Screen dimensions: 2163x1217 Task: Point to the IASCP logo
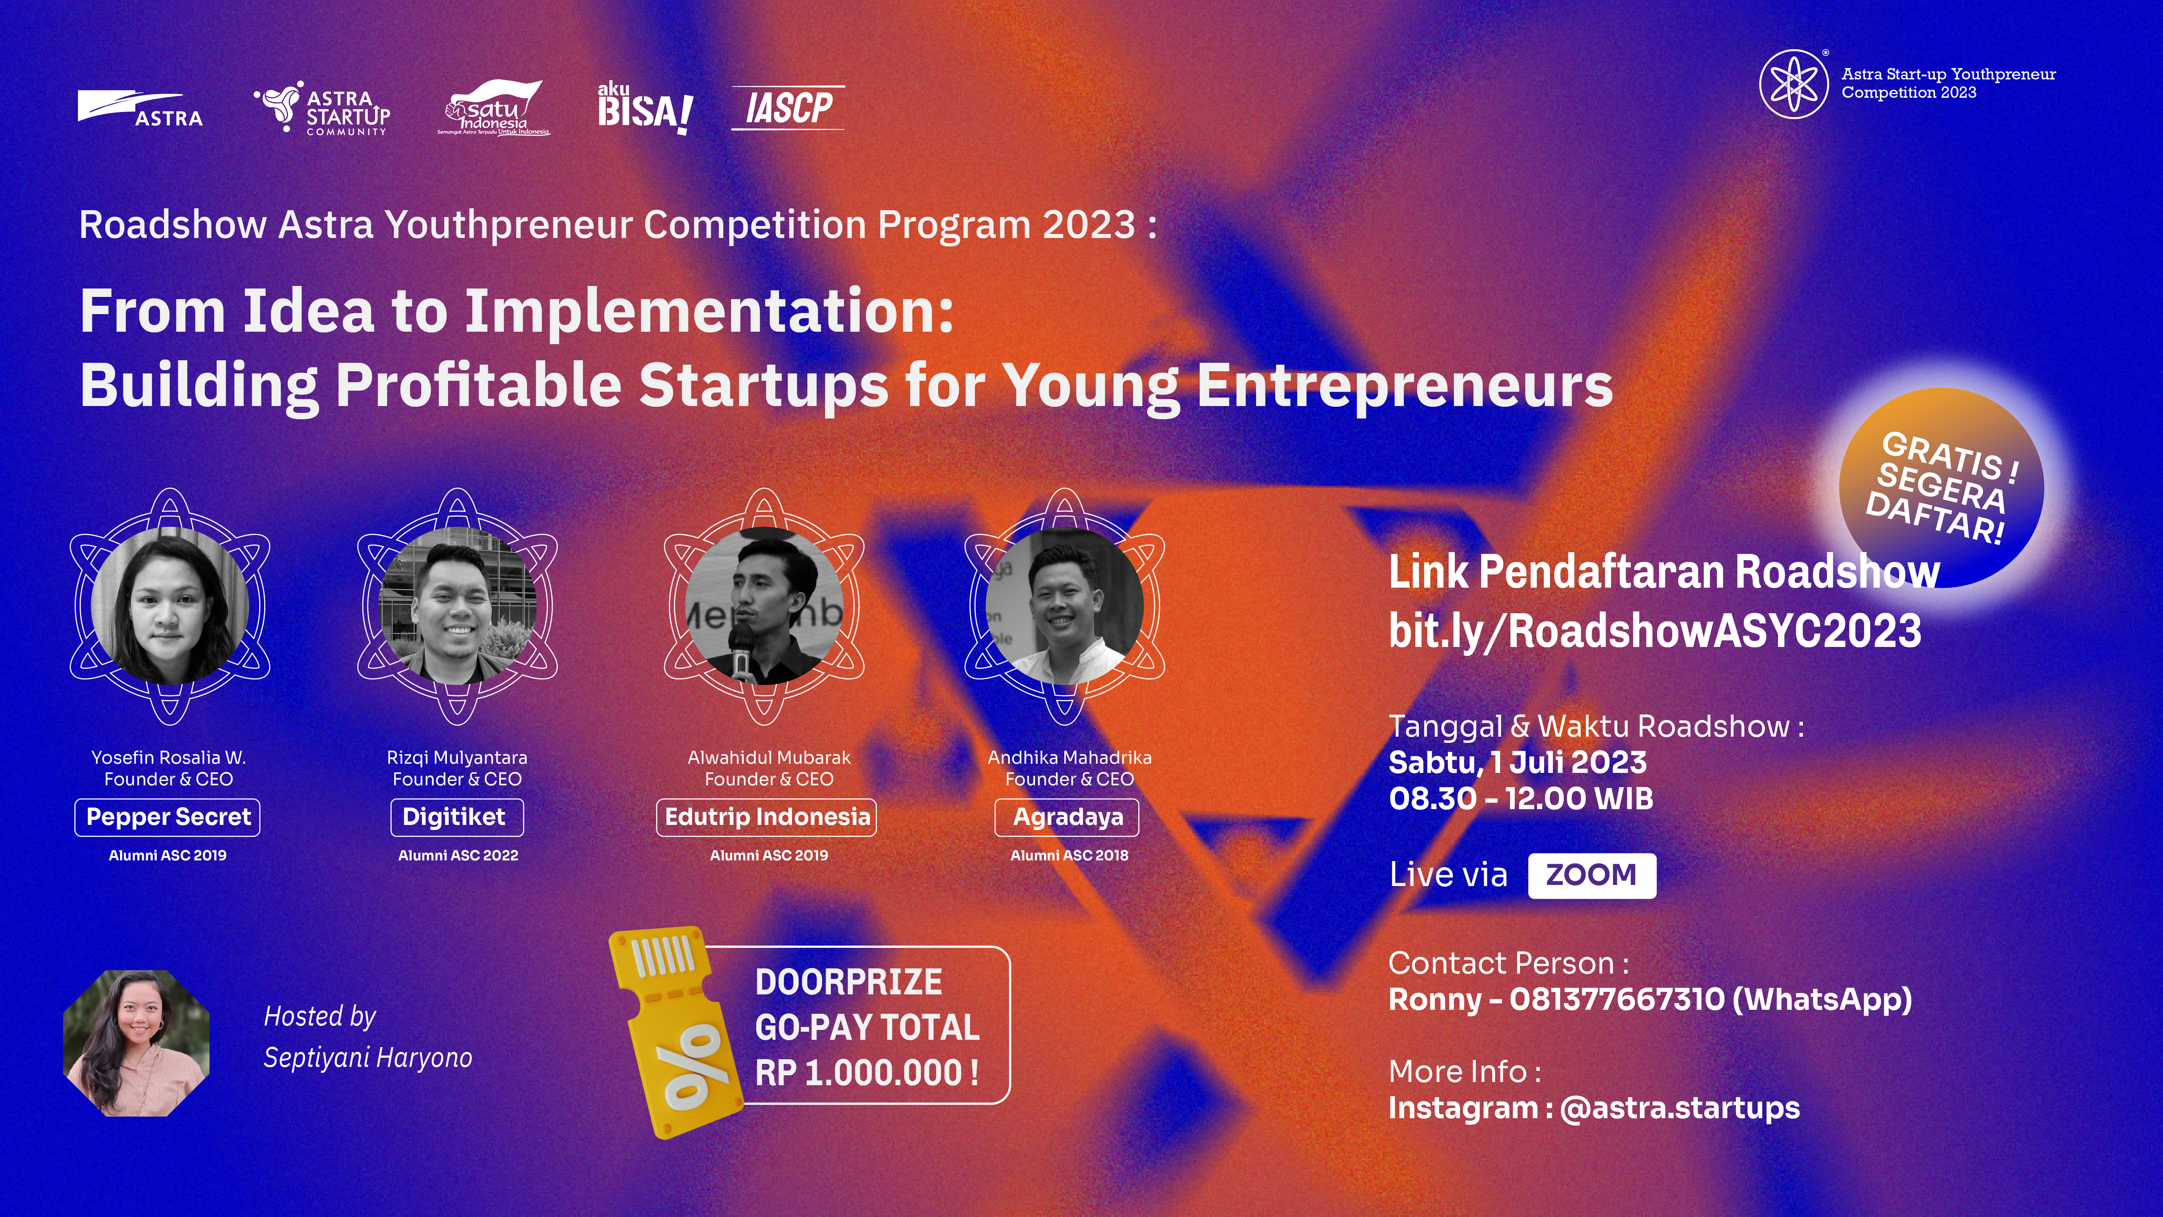(x=788, y=108)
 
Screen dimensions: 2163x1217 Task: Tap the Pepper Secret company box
(x=168, y=817)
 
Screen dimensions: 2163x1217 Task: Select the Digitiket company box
(x=457, y=817)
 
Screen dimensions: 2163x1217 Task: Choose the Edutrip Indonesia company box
(x=767, y=817)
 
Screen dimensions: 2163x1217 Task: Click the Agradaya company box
(x=1067, y=817)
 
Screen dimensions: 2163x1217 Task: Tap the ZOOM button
(x=1592, y=875)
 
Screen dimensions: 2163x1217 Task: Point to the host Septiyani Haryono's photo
(x=136, y=1043)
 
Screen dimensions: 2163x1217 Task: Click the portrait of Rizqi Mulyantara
(x=457, y=605)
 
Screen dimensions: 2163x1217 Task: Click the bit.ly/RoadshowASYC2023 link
(x=1655, y=631)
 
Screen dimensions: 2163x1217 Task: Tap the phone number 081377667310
(x=1616, y=1000)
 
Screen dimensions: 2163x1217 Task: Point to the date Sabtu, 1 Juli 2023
(x=1517, y=762)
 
